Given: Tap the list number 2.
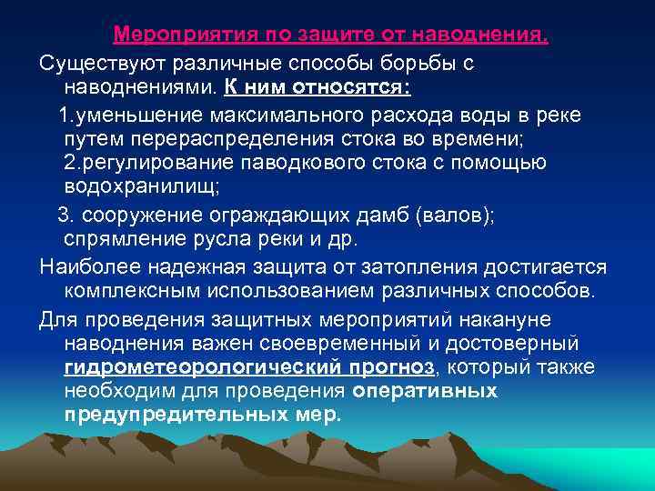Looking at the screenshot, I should point(70,165).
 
